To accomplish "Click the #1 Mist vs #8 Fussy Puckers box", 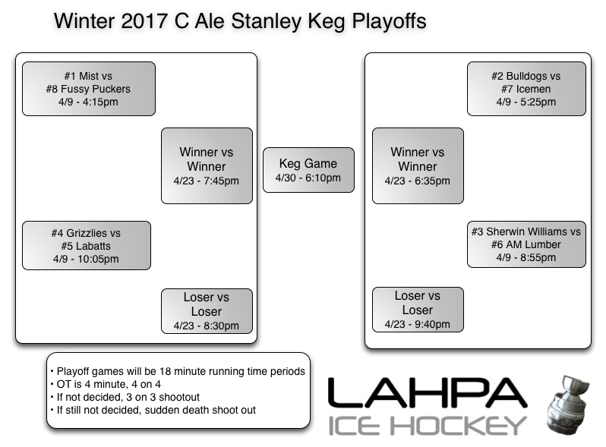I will (88, 89).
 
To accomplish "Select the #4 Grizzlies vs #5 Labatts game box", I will (87, 245).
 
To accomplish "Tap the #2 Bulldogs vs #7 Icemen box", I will (526, 89).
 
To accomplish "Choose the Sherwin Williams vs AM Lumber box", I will (526, 244).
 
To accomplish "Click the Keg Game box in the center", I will (308, 170).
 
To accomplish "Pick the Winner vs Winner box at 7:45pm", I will (207, 165).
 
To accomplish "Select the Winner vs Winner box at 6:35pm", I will (418, 165).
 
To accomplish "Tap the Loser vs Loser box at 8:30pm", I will (207, 310).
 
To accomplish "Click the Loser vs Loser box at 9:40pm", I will (418, 310).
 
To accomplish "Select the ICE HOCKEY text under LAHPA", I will (427, 425).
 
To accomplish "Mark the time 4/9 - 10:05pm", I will (87, 259).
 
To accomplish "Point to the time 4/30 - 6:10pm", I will (308, 178).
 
